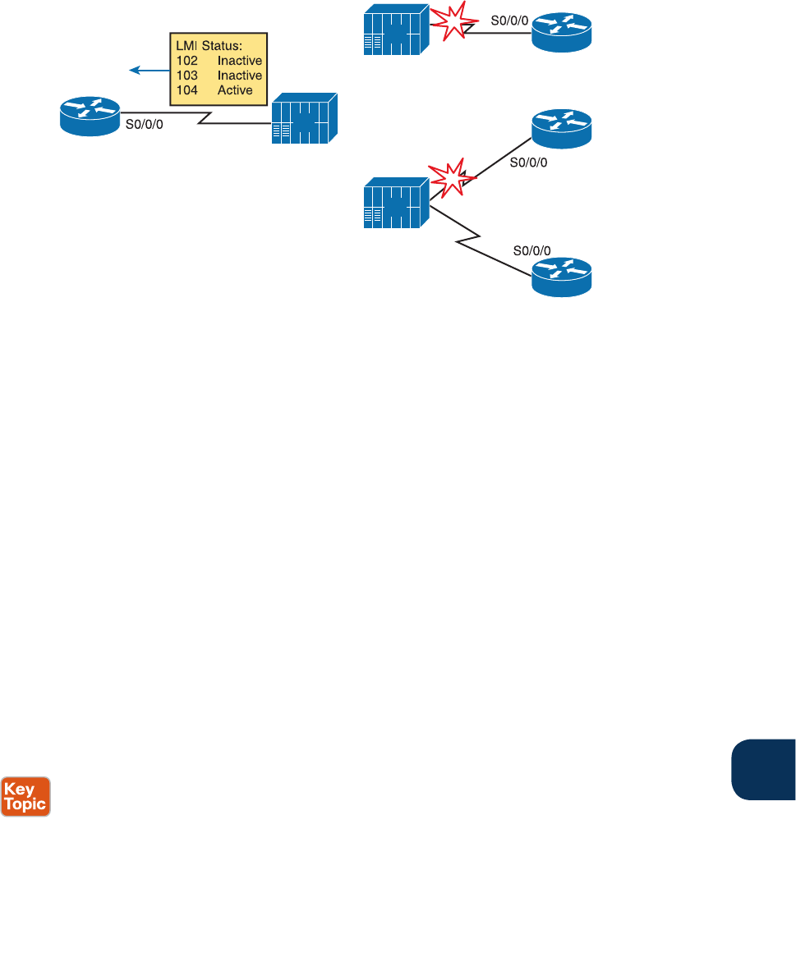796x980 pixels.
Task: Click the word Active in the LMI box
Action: tap(235, 90)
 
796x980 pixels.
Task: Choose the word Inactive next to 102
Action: tap(240, 60)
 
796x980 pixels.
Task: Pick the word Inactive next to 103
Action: tap(240, 76)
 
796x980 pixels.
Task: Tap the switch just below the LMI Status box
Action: tap(305, 120)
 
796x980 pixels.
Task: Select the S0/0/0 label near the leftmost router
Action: tap(143, 128)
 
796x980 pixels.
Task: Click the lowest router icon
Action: tap(561, 277)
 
